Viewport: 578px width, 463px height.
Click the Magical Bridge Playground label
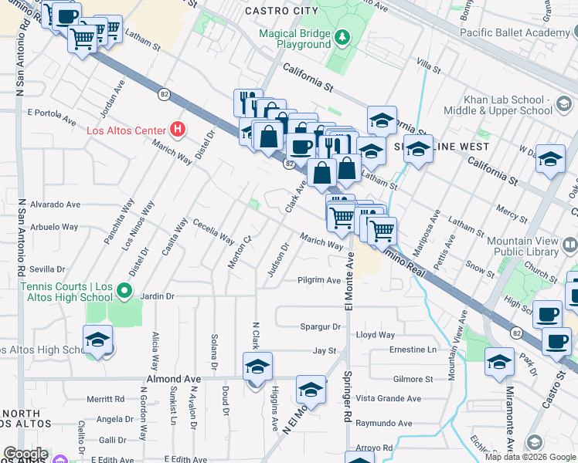pyautogui.click(x=294, y=39)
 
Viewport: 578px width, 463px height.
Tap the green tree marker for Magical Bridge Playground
pyautogui.click(x=342, y=36)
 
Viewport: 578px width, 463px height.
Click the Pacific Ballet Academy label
pyautogui.click(x=514, y=32)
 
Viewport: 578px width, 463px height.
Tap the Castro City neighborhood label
pyautogui.click(x=281, y=11)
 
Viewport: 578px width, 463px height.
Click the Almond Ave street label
pyautogui.click(x=174, y=379)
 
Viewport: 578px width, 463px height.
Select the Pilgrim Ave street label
pyautogui.click(x=319, y=280)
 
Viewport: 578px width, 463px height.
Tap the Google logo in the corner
pyautogui.click(x=25, y=454)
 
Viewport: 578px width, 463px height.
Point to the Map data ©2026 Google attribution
pyautogui.click(x=530, y=457)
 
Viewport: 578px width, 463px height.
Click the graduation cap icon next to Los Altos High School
pyautogui.click(x=97, y=340)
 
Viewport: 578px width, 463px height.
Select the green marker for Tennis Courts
pyautogui.click(x=123, y=292)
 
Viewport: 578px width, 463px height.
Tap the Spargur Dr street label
pyautogui.click(x=321, y=327)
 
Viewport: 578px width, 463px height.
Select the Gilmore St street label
pyautogui.click(x=413, y=379)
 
